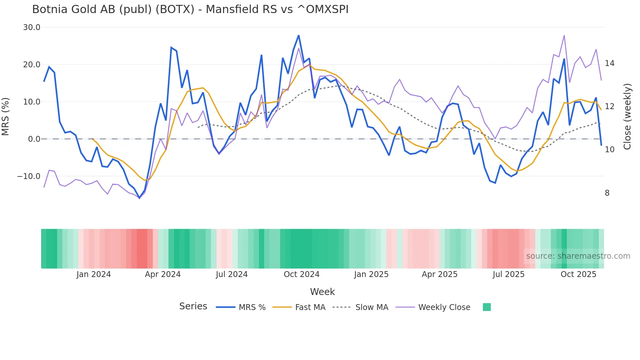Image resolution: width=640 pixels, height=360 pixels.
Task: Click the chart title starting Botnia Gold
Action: point(190,9)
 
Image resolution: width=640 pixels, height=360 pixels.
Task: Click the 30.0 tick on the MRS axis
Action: point(32,27)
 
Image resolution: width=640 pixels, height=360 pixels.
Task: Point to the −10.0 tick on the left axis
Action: point(29,176)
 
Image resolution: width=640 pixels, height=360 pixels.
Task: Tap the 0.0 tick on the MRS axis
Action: point(34,139)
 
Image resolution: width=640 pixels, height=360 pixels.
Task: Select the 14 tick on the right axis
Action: point(609,63)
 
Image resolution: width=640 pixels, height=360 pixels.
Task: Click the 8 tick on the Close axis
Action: point(607,193)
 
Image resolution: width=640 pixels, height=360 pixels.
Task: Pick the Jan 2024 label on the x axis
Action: point(94,274)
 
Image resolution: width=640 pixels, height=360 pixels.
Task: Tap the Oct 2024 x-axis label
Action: point(301,274)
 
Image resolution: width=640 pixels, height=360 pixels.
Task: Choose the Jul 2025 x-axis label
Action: point(508,274)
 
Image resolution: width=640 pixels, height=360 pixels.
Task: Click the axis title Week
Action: point(322,292)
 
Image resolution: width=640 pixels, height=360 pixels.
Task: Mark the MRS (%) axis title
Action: point(6,117)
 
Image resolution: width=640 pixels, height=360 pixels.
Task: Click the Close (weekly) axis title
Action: point(627,117)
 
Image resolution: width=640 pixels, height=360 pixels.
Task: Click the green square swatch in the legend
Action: point(487,307)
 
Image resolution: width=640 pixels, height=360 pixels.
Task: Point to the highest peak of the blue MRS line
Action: point(298,36)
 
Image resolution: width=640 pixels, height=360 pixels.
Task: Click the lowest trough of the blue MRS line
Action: point(139,198)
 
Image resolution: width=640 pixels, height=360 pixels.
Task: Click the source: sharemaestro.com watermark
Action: point(578,256)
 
